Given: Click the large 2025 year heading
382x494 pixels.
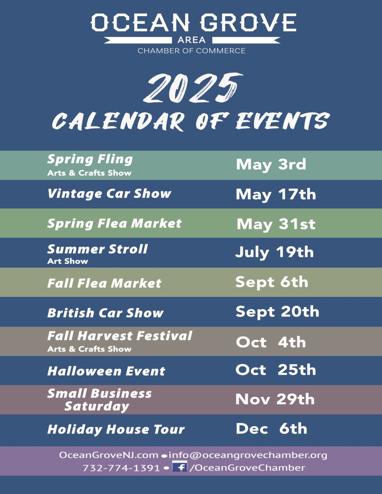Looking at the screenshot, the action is (193, 88).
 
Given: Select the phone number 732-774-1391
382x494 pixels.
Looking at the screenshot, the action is (121, 468).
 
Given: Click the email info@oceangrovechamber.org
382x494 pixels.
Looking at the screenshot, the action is (248, 455).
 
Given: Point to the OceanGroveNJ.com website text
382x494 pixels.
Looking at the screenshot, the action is (108, 455).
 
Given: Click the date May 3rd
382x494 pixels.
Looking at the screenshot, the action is (271, 165).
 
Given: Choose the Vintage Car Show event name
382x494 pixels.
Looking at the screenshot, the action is (109, 194).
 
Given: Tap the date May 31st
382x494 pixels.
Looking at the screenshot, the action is (276, 224).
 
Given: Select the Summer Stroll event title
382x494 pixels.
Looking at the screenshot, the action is (97, 249).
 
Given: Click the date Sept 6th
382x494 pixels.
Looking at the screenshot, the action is (272, 282).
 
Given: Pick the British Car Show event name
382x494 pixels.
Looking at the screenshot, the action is (105, 313).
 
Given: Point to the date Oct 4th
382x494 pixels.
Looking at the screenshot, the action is (271, 342).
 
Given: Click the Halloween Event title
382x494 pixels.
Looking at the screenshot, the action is (106, 371).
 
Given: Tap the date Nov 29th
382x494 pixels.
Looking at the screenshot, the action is (275, 399).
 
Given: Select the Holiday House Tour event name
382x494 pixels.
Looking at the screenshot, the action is (116, 429).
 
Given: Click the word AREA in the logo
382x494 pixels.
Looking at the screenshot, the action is (192, 40).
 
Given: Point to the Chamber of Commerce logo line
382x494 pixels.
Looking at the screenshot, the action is (192, 51).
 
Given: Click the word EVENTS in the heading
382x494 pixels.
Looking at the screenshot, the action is (283, 121).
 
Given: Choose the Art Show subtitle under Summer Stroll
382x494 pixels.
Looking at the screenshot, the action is (68, 261).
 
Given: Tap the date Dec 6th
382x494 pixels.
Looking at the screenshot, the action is (272, 429).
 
